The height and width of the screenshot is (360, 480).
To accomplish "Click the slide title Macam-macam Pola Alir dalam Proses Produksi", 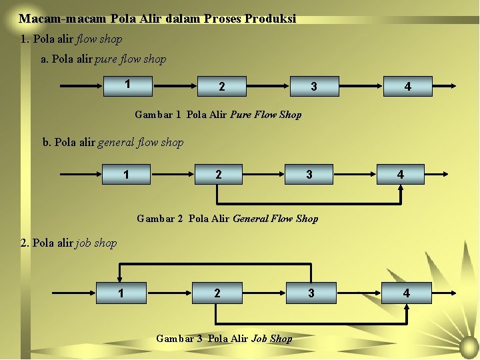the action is coord(157,19).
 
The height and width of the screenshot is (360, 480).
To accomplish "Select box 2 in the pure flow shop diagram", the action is coord(222,87).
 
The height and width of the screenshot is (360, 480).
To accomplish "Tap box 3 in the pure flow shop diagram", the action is coord(314,87).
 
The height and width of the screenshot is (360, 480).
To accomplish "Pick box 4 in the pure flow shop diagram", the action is coord(407,87).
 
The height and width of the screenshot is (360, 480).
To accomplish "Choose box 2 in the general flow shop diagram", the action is coord(218,175).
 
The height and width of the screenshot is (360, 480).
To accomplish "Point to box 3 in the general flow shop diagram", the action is coord(309,175).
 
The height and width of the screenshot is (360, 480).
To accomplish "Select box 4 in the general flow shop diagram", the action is coord(400,175).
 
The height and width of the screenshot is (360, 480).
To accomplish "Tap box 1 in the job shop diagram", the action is coord(121,293).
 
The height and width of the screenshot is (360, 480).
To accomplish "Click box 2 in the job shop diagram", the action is coord(217,293).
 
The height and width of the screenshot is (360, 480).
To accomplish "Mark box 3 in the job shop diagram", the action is coord(311,293).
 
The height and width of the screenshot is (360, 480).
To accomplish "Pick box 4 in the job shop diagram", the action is coord(407,293).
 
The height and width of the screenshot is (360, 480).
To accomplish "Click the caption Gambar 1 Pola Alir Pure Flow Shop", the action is coord(218,115).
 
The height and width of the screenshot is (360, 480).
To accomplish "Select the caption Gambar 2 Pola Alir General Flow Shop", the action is coord(227,218).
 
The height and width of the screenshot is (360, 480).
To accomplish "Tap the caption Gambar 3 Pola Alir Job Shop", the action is coord(224,339).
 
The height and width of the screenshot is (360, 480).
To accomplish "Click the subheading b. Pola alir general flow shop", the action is coord(113,142).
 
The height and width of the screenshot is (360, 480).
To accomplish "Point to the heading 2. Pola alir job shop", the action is coord(69,243).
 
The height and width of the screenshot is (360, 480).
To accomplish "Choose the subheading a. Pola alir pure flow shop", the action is coord(103,59).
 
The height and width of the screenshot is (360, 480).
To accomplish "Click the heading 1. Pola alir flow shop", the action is coord(71,39).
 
